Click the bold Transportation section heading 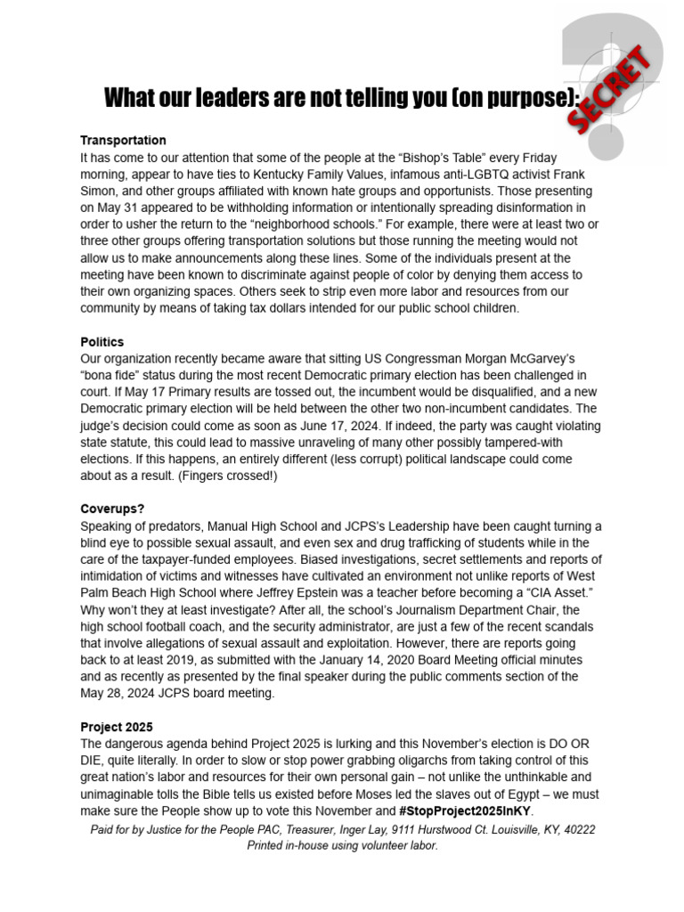tap(123, 141)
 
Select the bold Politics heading tap(102, 342)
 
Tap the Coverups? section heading tap(112, 509)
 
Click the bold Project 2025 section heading tap(117, 727)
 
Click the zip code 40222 tap(577, 829)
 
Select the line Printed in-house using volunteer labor tap(342, 845)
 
